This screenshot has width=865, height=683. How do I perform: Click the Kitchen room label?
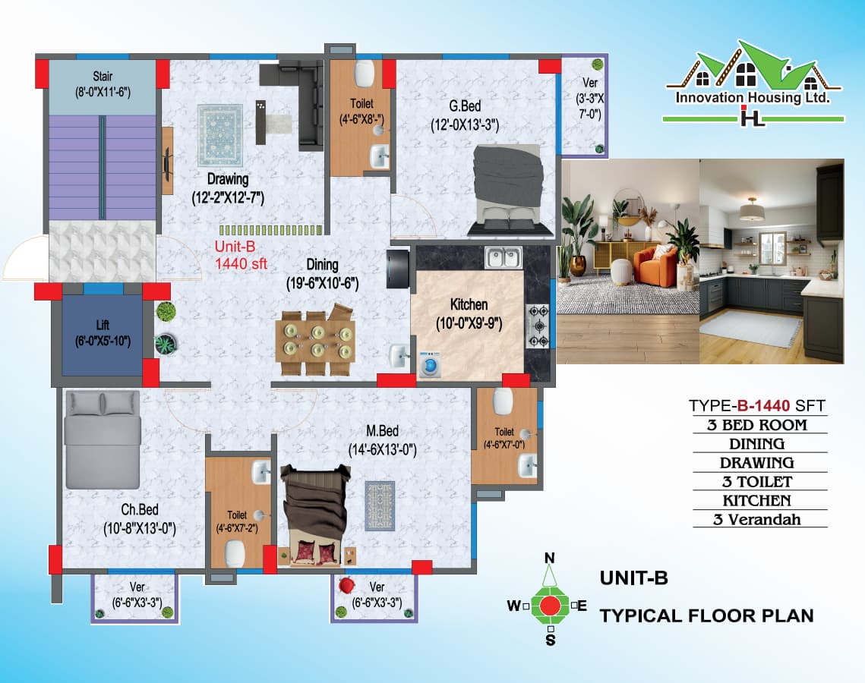click(469, 305)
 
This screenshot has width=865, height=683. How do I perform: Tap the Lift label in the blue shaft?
click(103, 326)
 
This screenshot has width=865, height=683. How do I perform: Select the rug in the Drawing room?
click(219, 135)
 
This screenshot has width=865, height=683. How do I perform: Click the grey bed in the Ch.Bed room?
click(102, 439)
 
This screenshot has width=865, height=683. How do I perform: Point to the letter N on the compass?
click(550, 559)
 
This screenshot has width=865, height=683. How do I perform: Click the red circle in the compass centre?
click(550, 605)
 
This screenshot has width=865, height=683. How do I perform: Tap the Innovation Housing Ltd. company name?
click(751, 99)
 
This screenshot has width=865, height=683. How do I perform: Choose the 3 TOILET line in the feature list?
click(759, 481)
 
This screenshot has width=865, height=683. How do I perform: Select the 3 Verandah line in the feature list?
click(759, 519)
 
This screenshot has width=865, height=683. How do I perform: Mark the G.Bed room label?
click(464, 106)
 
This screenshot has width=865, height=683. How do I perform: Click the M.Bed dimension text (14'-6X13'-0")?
click(382, 449)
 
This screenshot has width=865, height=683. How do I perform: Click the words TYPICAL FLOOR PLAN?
click(706, 615)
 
